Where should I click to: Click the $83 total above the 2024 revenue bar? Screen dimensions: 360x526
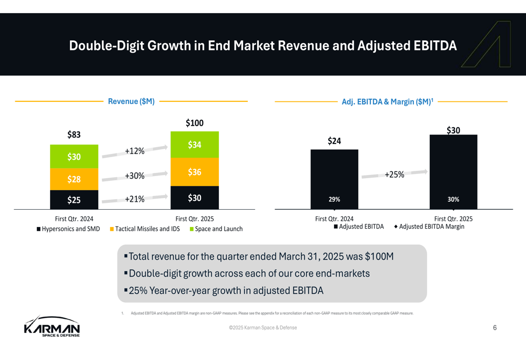tap(74, 135)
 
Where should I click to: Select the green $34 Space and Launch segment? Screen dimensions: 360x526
tap(195, 145)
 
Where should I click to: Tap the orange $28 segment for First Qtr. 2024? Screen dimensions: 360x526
tap(74, 179)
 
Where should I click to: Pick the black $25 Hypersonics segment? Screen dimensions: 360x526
tap(74, 200)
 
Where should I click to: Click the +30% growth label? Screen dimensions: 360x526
tap(135, 176)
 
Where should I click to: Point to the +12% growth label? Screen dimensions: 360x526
tap(135, 151)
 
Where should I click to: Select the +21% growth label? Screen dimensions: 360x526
tap(135, 199)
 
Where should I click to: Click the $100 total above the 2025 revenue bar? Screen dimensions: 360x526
tap(195, 123)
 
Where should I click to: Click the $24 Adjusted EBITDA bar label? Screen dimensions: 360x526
tap(335, 141)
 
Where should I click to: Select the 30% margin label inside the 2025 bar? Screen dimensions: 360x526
tap(453, 200)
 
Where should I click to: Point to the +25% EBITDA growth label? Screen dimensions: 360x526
tap(394, 174)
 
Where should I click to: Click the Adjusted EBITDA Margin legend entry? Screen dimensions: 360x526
tap(431, 227)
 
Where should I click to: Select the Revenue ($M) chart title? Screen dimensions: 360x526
tap(131, 101)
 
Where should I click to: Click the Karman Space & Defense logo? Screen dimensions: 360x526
tap(52, 326)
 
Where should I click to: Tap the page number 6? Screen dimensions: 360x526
tap(495, 328)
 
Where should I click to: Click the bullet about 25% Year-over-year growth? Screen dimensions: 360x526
tap(226, 291)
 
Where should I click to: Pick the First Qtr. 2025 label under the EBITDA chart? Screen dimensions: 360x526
tap(453, 219)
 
